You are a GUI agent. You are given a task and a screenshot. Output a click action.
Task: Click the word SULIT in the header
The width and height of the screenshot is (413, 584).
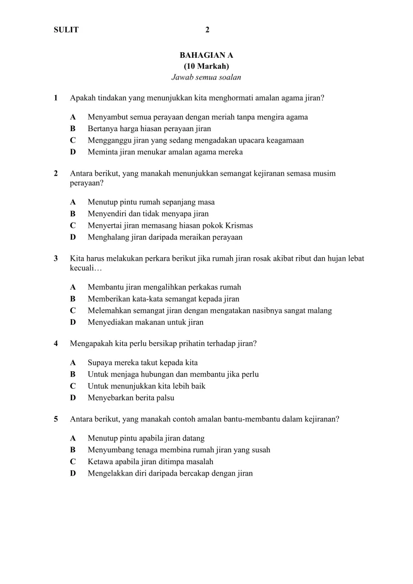66,30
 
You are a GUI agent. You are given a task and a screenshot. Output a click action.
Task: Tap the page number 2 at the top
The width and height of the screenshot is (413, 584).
207,30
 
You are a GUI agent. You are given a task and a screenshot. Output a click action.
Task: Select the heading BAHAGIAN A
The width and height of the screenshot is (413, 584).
206,55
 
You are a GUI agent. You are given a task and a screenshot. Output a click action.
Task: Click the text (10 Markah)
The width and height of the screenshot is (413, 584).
206,66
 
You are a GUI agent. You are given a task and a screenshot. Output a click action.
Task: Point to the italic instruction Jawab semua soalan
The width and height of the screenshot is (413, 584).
206,78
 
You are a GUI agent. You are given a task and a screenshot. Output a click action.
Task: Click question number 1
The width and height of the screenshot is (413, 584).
56,98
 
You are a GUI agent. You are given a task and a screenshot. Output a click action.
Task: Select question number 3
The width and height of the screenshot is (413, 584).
56,258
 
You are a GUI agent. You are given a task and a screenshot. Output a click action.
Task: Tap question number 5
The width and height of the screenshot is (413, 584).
56,419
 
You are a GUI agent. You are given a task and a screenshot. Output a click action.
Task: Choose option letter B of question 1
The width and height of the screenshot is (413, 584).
73,129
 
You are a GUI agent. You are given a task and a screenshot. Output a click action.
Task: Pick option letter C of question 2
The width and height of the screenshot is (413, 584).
73,226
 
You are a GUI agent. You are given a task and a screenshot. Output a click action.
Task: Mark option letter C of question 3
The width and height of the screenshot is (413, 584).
73,311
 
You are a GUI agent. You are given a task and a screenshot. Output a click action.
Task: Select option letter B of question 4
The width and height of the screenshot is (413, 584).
73,374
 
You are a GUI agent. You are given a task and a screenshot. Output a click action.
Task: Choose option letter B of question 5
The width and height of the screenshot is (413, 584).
73,450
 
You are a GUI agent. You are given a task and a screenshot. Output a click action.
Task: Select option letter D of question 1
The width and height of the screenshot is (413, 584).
73,152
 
